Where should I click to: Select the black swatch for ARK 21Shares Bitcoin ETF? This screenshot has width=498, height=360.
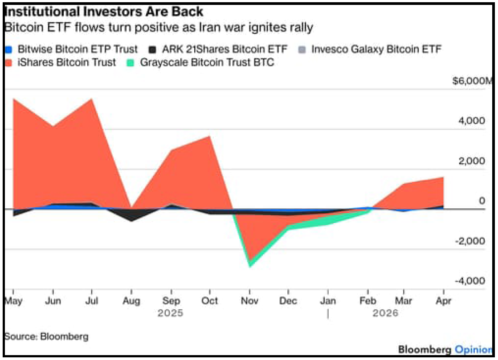(152, 49)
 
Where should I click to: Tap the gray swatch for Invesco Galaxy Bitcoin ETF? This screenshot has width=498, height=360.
(303, 49)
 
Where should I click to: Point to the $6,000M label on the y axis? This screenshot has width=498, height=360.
(473, 81)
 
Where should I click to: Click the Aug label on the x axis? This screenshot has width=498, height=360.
(131, 301)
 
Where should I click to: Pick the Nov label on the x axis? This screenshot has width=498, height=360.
(249, 301)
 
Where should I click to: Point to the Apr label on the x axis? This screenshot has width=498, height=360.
(443, 301)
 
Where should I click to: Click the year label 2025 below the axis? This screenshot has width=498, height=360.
(170, 314)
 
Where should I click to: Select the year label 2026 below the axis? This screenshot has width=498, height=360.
(385, 314)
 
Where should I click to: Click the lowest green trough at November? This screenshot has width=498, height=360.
(250, 266)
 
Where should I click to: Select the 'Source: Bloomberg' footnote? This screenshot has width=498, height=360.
(47, 336)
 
